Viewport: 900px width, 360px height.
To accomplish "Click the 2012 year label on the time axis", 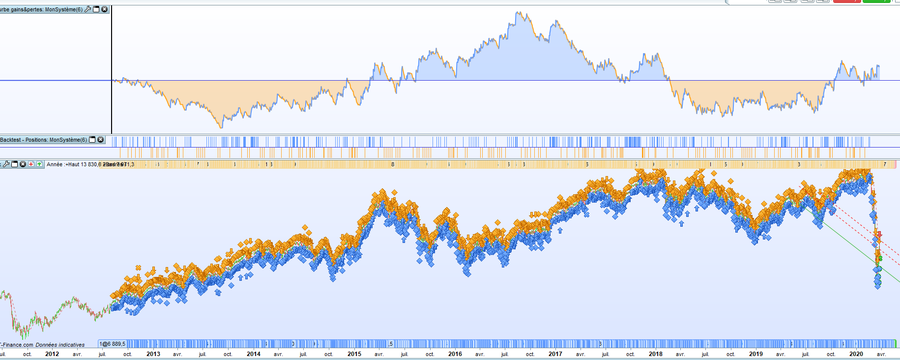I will (52, 354).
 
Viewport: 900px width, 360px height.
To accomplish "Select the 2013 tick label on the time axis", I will (153, 354).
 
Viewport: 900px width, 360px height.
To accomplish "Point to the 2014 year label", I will (253, 354).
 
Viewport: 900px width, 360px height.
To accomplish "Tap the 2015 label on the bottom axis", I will (354, 354).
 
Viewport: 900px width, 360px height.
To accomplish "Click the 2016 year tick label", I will (455, 354).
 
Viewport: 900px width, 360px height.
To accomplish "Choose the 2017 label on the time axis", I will (555, 354).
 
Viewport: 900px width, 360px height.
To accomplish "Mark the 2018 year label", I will (655, 354).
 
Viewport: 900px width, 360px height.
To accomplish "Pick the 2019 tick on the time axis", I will (755, 354).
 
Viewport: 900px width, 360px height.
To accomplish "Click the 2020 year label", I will (856, 354).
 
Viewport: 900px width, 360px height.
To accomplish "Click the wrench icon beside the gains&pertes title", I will (88, 9).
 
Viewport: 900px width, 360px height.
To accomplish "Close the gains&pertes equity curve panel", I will (104, 9).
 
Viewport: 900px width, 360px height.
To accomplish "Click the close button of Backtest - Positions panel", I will (101, 140).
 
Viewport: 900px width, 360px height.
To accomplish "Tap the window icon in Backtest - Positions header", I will (92, 140).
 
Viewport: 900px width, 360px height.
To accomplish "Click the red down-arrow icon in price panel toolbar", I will (31, 164).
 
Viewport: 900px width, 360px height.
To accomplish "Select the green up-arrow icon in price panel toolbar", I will (39, 164).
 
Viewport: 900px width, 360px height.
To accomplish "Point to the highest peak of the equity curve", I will (517, 13).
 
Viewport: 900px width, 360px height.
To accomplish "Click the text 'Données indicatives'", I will (60, 345).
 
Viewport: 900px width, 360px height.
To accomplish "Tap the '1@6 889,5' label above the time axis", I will (112, 344).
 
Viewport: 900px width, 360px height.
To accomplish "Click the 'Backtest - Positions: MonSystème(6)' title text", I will (43, 140).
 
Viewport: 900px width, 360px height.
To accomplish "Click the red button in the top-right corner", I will (846, 1).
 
